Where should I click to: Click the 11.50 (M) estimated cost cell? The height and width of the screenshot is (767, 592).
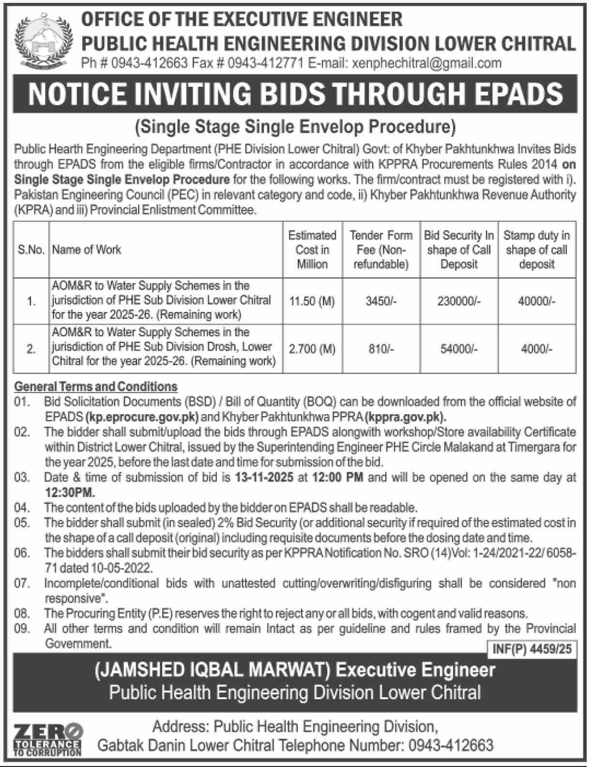[x=312, y=301]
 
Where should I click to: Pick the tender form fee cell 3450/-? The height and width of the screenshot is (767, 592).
[x=381, y=301]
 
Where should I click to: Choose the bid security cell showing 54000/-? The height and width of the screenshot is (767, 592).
[x=459, y=349]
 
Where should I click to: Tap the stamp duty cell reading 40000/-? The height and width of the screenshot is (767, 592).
[x=536, y=301]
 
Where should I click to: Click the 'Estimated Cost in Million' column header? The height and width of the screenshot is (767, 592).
[x=312, y=250]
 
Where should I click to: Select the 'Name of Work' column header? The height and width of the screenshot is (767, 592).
[x=87, y=250]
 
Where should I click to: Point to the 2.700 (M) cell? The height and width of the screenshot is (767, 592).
[x=312, y=349]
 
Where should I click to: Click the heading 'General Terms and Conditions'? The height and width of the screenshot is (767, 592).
[x=96, y=387]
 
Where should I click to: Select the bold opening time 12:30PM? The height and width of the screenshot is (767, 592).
[x=70, y=493]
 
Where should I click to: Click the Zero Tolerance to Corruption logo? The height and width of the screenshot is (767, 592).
[x=47, y=739]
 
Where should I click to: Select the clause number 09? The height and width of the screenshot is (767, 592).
[x=22, y=629]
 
